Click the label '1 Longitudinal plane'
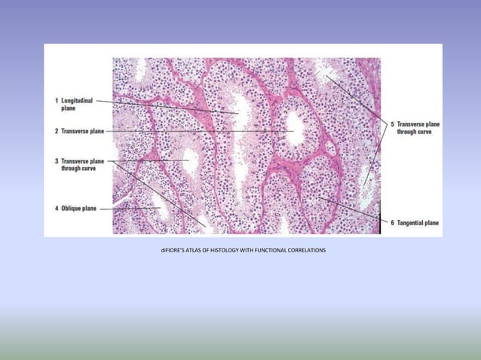point(74,105)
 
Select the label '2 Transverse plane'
point(79,131)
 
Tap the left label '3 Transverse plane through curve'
point(79,165)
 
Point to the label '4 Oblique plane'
point(75,208)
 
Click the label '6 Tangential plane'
point(414,223)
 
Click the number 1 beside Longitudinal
point(57,100)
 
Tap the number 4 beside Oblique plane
point(57,208)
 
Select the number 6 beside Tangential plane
point(393,223)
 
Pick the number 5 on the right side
point(392,124)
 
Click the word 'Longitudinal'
point(78,100)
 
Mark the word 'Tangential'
point(411,223)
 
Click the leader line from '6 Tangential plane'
point(354,210)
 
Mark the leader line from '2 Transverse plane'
point(196,132)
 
